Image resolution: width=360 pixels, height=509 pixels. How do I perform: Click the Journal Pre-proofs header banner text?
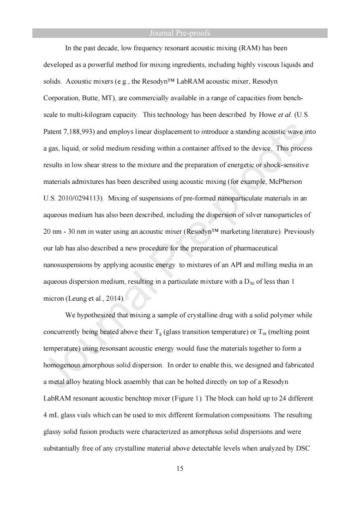(x=180, y=33)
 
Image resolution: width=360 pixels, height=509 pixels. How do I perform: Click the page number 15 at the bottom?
(x=180, y=469)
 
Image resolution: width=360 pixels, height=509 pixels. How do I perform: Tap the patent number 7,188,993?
(x=78, y=132)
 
